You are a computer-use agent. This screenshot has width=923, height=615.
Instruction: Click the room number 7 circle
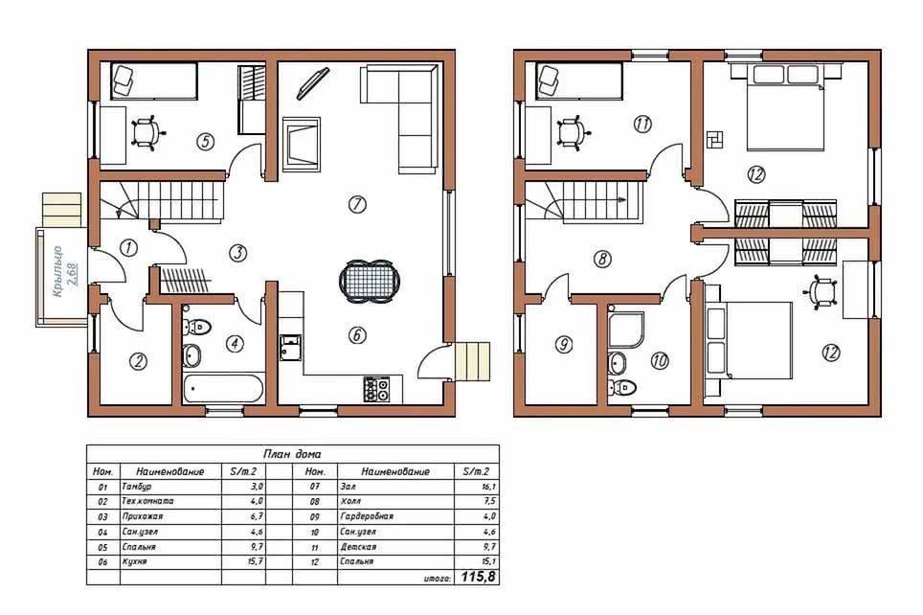(x=357, y=204)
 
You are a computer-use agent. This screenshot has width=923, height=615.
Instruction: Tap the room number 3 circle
(x=237, y=253)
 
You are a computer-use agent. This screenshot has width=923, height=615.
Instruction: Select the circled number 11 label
(x=642, y=125)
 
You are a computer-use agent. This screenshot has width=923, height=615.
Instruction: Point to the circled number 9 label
(x=563, y=344)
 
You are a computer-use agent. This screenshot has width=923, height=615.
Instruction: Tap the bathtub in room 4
(x=222, y=389)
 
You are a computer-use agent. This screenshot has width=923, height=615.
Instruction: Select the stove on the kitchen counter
(x=376, y=389)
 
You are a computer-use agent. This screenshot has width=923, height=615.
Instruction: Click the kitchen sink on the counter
(x=290, y=347)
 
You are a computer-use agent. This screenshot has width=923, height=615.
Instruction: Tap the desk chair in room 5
(x=146, y=133)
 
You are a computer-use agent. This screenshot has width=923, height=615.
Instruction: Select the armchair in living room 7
(x=302, y=145)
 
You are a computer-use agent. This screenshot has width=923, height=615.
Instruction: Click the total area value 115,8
(x=478, y=578)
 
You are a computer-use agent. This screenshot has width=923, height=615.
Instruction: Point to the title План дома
(x=292, y=454)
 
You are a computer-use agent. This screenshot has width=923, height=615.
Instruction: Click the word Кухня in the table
(x=134, y=561)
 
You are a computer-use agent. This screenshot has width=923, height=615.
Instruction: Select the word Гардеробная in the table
(x=366, y=516)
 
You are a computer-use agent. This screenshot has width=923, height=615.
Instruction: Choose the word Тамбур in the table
(x=137, y=487)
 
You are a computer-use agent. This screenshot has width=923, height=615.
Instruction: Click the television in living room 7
(x=312, y=84)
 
